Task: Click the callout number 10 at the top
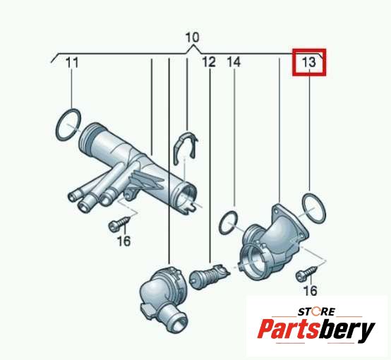click(193, 37)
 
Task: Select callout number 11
click(72, 62)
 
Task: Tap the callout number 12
click(209, 62)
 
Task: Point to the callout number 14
click(234, 62)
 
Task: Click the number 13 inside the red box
click(309, 62)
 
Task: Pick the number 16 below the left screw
click(124, 241)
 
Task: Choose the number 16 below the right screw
click(311, 290)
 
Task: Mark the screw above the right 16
click(306, 273)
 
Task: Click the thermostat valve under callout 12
click(209, 275)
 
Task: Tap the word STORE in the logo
click(317, 311)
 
